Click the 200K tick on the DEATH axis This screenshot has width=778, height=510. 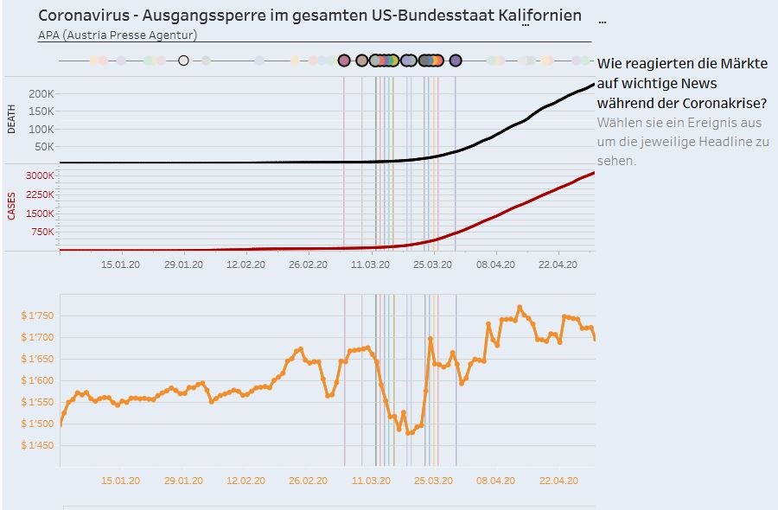tap(43, 93)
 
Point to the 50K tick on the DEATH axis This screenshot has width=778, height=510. tap(46, 146)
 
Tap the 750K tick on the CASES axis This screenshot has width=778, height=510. tap(43, 232)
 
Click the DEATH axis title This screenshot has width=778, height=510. tap(11, 119)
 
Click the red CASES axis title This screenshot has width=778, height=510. tap(11, 206)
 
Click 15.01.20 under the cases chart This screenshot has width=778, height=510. tap(121, 265)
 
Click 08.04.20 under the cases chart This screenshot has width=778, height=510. tap(496, 265)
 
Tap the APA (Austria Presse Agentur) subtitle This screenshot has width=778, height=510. tap(118, 35)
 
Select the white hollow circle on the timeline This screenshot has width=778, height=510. tap(183, 61)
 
